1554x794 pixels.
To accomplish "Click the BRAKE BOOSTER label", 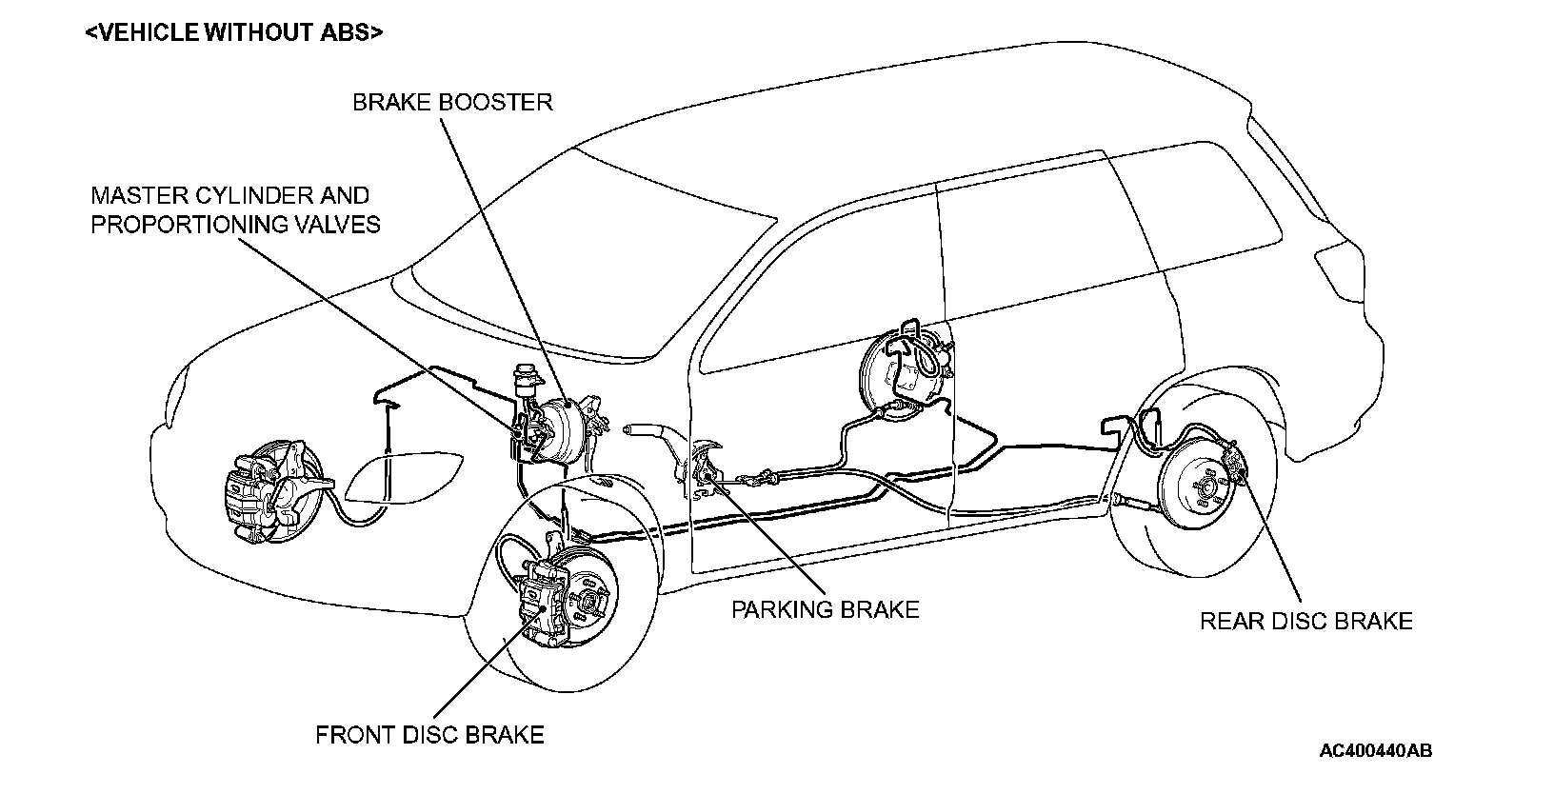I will point(452,102).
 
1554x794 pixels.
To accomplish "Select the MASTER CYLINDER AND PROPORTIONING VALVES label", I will point(235,209).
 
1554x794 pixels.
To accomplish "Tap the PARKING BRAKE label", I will point(825,609).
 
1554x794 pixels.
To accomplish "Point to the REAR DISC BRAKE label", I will point(1305,622).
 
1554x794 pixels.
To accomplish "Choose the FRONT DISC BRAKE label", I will point(429,735).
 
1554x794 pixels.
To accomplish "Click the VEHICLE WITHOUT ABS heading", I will point(233,32).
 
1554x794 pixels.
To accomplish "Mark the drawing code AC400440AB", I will point(1375,750).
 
